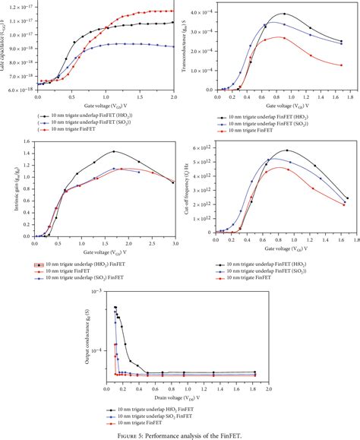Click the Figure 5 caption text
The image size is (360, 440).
click(x=180, y=435)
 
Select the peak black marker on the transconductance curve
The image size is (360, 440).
click(x=284, y=14)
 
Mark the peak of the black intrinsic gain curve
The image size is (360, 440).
click(x=114, y=151)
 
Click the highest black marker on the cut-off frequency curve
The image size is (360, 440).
click(x=286, y=150)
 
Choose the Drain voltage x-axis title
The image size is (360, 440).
click(x=180, y=396)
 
